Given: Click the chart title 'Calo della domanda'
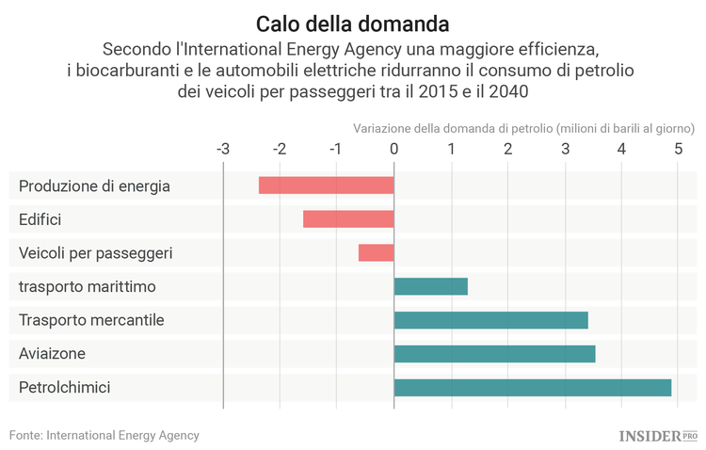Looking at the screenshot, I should pyautogui.click(x=353, y=22).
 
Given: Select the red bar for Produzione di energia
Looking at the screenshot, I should pyautogui.click(x=326, y=185).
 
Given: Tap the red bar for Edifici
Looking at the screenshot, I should pyautogui.click(x=348, y=219).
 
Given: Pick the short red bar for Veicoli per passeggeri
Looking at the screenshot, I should pyautogui.click(x=376, y=253).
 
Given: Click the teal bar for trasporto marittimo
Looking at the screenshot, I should pyautogui.click(x=430, y=286).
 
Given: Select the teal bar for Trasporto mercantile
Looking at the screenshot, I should pyautogui.click(x=490, y=320).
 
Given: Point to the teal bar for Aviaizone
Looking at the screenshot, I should pyautogui.click(x=494, y=354).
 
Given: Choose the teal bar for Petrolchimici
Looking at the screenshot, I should pyautogui.click(x=532, y=388).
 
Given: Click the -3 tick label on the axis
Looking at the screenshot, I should pyautogui.click(x=222, y=149).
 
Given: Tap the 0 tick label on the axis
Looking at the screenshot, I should pyautogui.click(x=393, y=149).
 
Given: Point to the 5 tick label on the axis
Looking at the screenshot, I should pyautogui.click(x=679, y=149).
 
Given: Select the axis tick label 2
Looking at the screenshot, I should pyautogui.click(x=507, y=149).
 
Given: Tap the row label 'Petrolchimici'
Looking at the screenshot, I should pyautogui.click(x=64, y=388).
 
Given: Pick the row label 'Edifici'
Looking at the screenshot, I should pyautogui.click(x=40, y=219).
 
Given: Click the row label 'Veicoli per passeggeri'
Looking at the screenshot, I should pyautogui.click(x=95, y=253).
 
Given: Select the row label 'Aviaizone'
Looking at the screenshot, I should pyautogui.click(x=52, y=354).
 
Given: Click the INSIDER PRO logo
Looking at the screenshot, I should pyautogui.click(x=657, y=436).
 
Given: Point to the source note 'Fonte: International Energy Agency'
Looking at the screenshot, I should pyautogui.click(x=104, y=436).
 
